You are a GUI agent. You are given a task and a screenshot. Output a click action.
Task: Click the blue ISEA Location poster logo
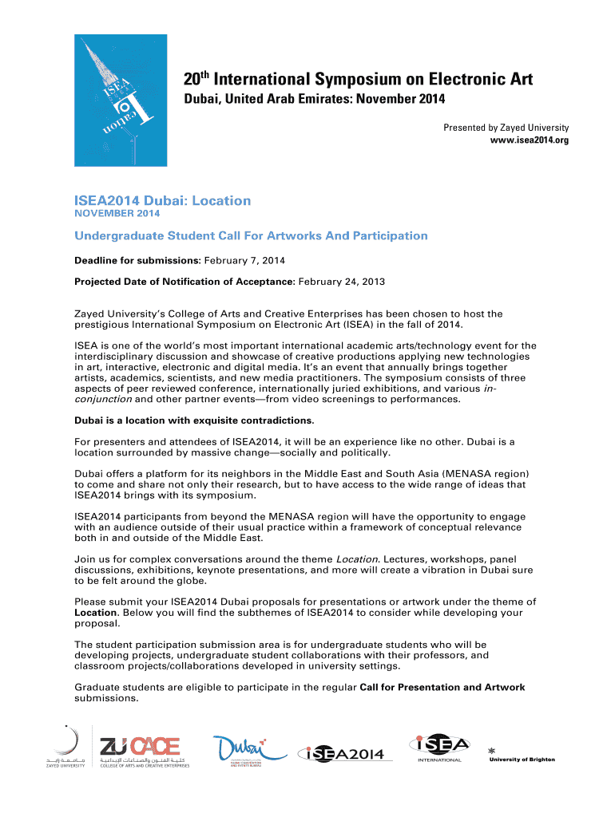(121, 100)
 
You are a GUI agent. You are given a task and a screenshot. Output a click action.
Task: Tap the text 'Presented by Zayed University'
(506, 128)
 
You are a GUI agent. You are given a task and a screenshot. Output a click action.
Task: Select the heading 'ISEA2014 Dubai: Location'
(162, 201)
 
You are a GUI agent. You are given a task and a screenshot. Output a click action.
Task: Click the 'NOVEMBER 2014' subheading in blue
(117, 214)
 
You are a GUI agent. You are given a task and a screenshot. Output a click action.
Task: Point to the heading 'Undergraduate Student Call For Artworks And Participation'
(251, 235)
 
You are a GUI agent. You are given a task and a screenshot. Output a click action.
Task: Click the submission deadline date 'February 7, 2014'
(245, 260)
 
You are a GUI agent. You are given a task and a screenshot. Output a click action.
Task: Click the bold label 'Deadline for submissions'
(137, 260)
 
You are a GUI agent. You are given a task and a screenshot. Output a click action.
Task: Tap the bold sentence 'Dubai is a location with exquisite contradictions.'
(194, 420)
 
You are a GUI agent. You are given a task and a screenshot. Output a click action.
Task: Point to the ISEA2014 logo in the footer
(342, 754)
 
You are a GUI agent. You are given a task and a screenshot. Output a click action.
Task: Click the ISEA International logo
(438, 748)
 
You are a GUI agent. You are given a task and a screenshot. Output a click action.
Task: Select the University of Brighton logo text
(522, 759)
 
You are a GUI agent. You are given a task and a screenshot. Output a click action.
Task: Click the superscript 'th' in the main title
(204, 74)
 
